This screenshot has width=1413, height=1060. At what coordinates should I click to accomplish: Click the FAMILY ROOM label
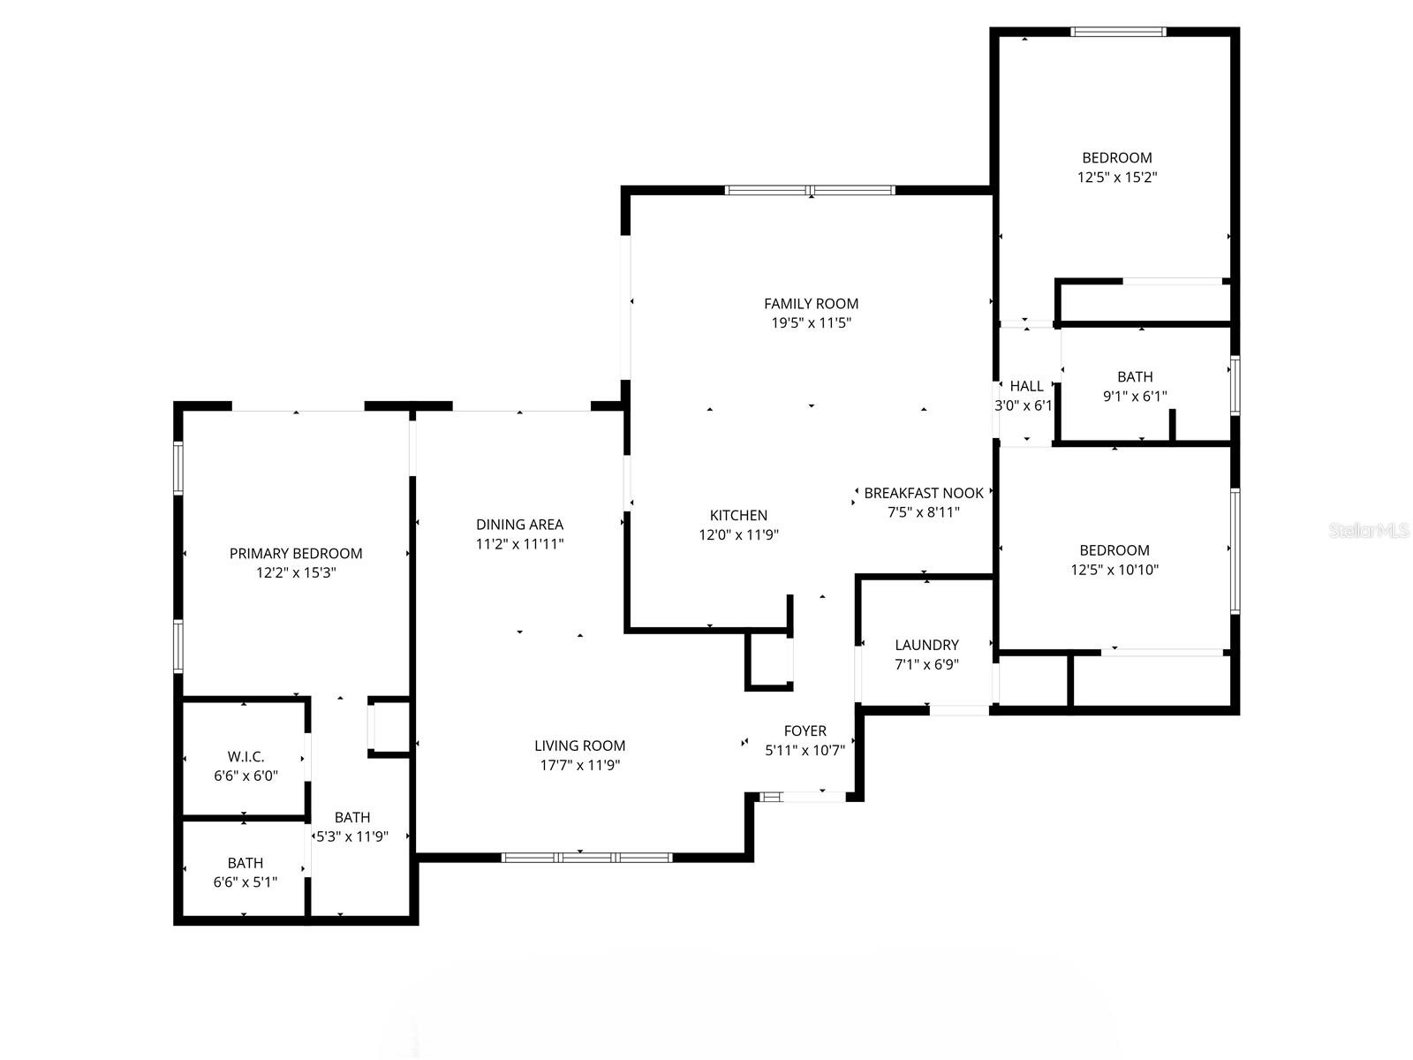[x=811, y=304]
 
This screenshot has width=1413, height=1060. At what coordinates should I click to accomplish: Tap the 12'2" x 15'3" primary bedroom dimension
[x=296, y=573]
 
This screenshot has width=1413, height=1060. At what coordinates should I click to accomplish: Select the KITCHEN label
[x=738, y=515]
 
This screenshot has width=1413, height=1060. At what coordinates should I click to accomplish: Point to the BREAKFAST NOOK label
[x=923, y=493]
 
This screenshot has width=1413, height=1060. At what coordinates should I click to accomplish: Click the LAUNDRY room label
[x=926, y=645]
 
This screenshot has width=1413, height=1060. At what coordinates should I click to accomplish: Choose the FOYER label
[x=805, y=731]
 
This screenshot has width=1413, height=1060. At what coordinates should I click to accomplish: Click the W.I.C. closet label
[x=246, y=757]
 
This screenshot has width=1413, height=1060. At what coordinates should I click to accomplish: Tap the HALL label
[x=1026, y=386]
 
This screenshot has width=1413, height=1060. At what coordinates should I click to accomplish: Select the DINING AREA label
[x=519, y=525]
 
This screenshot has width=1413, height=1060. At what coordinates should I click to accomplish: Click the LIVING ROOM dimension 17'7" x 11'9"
[x=580, y=765]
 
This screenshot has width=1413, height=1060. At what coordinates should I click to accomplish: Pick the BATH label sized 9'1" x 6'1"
[x=1134, y=377]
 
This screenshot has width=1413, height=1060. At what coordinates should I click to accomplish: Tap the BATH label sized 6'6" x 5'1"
[x=245, y=863]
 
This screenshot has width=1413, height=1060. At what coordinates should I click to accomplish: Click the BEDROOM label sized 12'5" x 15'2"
[x=1116, y=158]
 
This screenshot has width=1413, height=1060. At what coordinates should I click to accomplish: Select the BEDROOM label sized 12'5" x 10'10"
[x=1114, y=550]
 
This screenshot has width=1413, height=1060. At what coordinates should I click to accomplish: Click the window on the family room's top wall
[x=810, y=190]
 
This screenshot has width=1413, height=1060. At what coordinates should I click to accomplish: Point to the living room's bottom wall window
[x=586, y=857]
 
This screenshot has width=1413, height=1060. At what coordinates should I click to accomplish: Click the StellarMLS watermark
[x=1369, y=530]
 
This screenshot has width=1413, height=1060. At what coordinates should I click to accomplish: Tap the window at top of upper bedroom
[x=1118, y=32]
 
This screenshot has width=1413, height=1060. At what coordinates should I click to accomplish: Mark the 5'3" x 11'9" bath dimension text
[x=352, y=837]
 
